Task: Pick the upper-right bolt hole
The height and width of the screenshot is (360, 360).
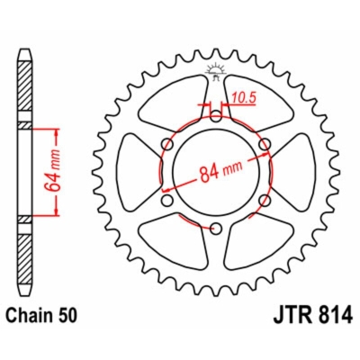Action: (x=264, y=144)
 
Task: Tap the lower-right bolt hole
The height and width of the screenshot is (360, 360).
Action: (x=264, y=200)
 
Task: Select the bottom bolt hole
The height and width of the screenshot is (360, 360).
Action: (x=215, y=229)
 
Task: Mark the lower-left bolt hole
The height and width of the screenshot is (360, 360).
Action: (x=166, y=200)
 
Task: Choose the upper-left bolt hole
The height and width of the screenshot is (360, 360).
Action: (x=166, y=144)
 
